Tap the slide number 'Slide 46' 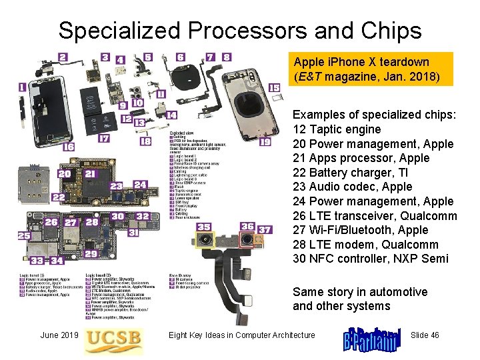click(x=425, y=335)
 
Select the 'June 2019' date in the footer click(x=59, y=335)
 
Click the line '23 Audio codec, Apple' click(x=353, y=187)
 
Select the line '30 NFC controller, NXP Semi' click(x=371, y=259)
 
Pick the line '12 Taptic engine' click(x=337, y=129)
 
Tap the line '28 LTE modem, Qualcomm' click(x=365, y=245)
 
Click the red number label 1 click(x=23, y=87)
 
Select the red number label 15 click(x=274, y=87)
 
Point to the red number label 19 click(x=265, y=142)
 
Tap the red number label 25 click(x=24, y=236)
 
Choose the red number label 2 click(x=63, y=57)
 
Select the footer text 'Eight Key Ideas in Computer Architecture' click(x=241, y=335)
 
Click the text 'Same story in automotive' click(x=360, y=292)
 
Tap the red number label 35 click(x=204, y=227)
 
